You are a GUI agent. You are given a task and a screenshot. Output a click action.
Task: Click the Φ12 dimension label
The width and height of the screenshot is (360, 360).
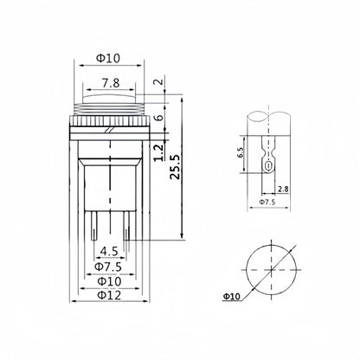109,295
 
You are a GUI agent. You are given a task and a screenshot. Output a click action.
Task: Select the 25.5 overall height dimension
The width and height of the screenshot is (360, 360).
175,166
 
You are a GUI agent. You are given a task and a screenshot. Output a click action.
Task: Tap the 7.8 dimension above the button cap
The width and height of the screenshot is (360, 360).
111,83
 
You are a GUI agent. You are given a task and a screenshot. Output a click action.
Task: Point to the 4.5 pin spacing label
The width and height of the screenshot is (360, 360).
109,251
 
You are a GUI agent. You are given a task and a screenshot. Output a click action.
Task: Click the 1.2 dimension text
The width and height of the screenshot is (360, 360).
158,152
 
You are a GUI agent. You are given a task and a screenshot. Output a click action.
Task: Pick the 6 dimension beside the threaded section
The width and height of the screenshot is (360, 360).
158,117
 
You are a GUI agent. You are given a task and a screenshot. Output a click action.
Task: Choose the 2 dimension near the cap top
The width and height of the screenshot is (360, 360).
158,81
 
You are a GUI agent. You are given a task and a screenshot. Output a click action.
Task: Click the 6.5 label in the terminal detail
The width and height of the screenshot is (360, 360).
241,152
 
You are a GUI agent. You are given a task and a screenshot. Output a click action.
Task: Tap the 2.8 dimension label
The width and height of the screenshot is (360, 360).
283,189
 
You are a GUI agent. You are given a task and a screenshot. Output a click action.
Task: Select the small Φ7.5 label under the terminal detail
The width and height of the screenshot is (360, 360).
267,202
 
